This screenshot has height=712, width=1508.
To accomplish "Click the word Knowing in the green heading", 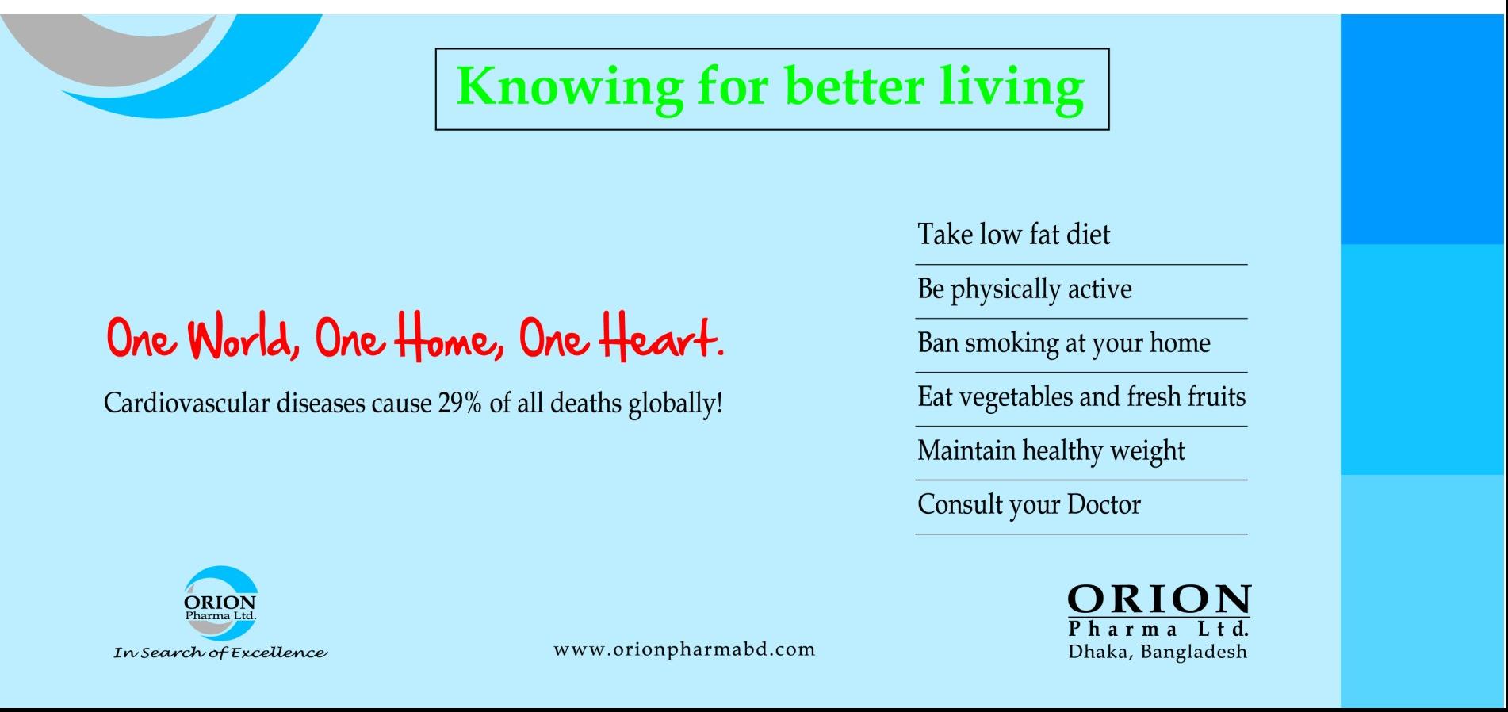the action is [569, 87].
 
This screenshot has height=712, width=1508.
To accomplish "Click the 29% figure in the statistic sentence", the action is [460, 403].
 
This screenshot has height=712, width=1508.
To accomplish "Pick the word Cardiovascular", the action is [186, 403].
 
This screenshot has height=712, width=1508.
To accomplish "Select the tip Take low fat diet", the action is [1014, 235].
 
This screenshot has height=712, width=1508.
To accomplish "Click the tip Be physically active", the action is [1024, 289].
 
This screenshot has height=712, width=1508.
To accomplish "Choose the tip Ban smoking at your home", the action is [1064, 343].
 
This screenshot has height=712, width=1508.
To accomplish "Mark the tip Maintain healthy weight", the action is [1051, 451].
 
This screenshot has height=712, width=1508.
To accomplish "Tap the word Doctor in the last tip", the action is [1104, 504].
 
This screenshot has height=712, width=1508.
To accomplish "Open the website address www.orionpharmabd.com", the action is [684, 649].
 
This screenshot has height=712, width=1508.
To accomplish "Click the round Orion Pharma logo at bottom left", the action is [220, 603].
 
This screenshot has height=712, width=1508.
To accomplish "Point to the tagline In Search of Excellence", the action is [220, 653].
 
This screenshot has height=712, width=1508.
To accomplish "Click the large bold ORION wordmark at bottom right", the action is [1158, 599].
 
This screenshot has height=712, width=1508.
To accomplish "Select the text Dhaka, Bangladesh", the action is [1158, 653].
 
